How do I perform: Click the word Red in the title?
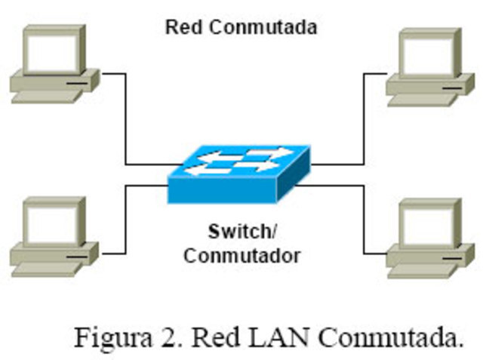182,28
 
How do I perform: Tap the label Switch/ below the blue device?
241,229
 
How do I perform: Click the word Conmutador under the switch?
241,255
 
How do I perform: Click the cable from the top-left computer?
125,121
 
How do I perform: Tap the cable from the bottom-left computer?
125,219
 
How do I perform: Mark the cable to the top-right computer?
365,121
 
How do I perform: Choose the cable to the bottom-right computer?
365,219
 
